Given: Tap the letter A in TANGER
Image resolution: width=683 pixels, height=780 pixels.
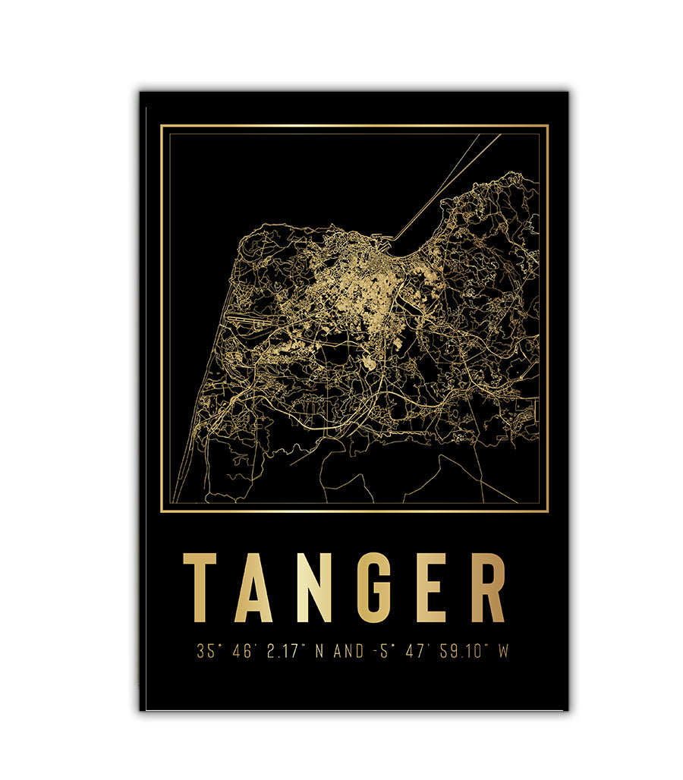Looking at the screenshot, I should [253, 587].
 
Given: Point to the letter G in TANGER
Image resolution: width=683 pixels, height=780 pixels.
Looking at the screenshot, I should [372, 587].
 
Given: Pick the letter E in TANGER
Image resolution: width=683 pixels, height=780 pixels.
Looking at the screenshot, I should [430, 587].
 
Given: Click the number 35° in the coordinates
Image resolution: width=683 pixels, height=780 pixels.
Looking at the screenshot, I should [206, 651].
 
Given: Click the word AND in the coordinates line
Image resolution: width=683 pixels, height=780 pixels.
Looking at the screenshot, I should [348, 651].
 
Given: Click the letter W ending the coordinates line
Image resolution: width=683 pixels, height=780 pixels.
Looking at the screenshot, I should [502, 651].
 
